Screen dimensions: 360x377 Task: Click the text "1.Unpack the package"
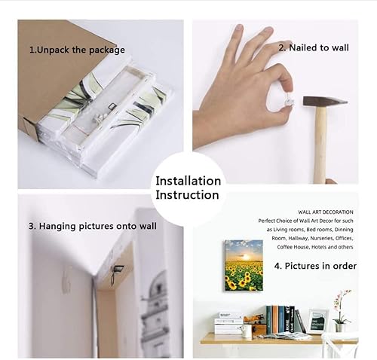77,50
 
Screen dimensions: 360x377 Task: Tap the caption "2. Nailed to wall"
314,47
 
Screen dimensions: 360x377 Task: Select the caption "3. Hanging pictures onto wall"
93,226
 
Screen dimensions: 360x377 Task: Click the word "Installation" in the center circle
188,181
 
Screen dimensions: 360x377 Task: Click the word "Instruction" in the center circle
188,195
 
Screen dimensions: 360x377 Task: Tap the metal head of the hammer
324,101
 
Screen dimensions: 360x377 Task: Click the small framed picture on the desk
317,321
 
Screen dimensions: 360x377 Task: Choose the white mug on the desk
247,331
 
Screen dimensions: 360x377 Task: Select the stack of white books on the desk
228,324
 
